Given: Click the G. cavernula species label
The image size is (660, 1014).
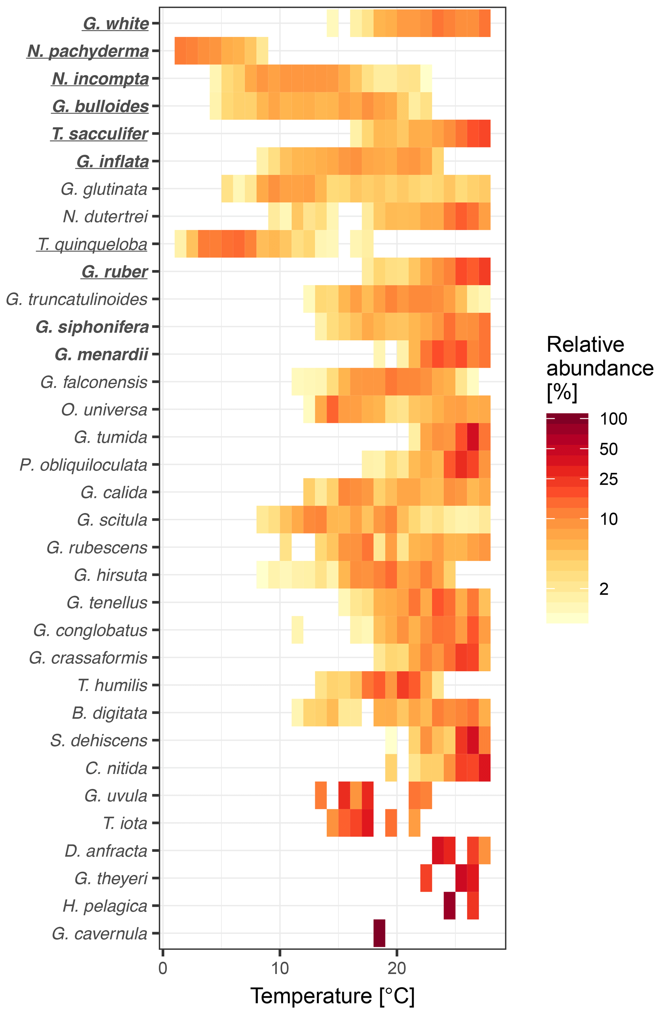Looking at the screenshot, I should point(99,934).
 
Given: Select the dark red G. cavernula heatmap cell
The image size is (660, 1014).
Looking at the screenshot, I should point(379,933).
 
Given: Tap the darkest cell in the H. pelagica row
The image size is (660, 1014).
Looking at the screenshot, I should point(449,906).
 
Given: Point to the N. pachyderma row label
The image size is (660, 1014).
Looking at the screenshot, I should point(88,51).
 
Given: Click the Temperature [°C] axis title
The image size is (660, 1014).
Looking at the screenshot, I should point(332,996).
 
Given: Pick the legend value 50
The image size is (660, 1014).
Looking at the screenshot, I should point(608,449).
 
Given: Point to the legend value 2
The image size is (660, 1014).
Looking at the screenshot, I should point(604,589).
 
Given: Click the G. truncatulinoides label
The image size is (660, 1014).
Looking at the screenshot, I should point(77,299).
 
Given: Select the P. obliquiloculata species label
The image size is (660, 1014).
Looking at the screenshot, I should point(84,465).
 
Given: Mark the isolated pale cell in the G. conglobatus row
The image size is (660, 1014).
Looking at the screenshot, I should point(297,630).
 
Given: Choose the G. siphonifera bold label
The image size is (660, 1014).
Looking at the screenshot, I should point(92,327).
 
